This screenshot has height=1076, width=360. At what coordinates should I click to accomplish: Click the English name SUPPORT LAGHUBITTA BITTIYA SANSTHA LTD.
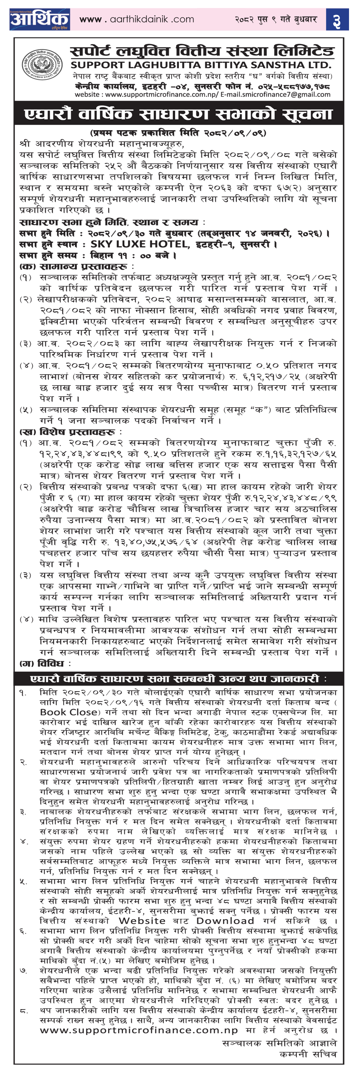[x=201, y=65]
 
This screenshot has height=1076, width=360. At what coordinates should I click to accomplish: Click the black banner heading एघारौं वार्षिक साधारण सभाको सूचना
[x=179, y=114]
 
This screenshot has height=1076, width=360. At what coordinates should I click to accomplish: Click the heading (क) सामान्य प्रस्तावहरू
[x=75, y=266]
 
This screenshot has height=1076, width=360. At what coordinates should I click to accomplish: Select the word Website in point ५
[x=142, y=920]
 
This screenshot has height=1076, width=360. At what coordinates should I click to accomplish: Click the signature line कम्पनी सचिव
[x=308, y=1054]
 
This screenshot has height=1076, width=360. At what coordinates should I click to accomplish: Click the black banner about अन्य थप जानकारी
[x=179, y=678]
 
